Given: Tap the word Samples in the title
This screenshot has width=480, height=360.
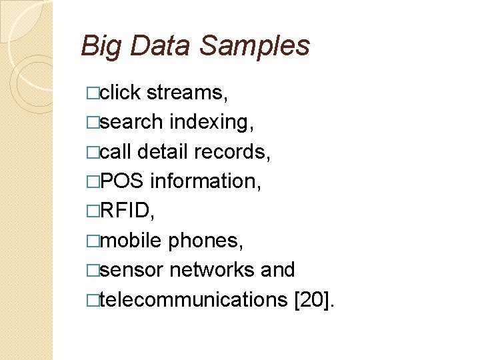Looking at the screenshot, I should tap(255, 47).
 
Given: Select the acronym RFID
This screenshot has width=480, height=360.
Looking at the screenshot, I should tap(125, 211).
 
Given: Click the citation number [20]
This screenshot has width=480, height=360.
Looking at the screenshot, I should tap(315, 300).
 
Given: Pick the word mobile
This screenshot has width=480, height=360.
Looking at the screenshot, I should tap(131, 240).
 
